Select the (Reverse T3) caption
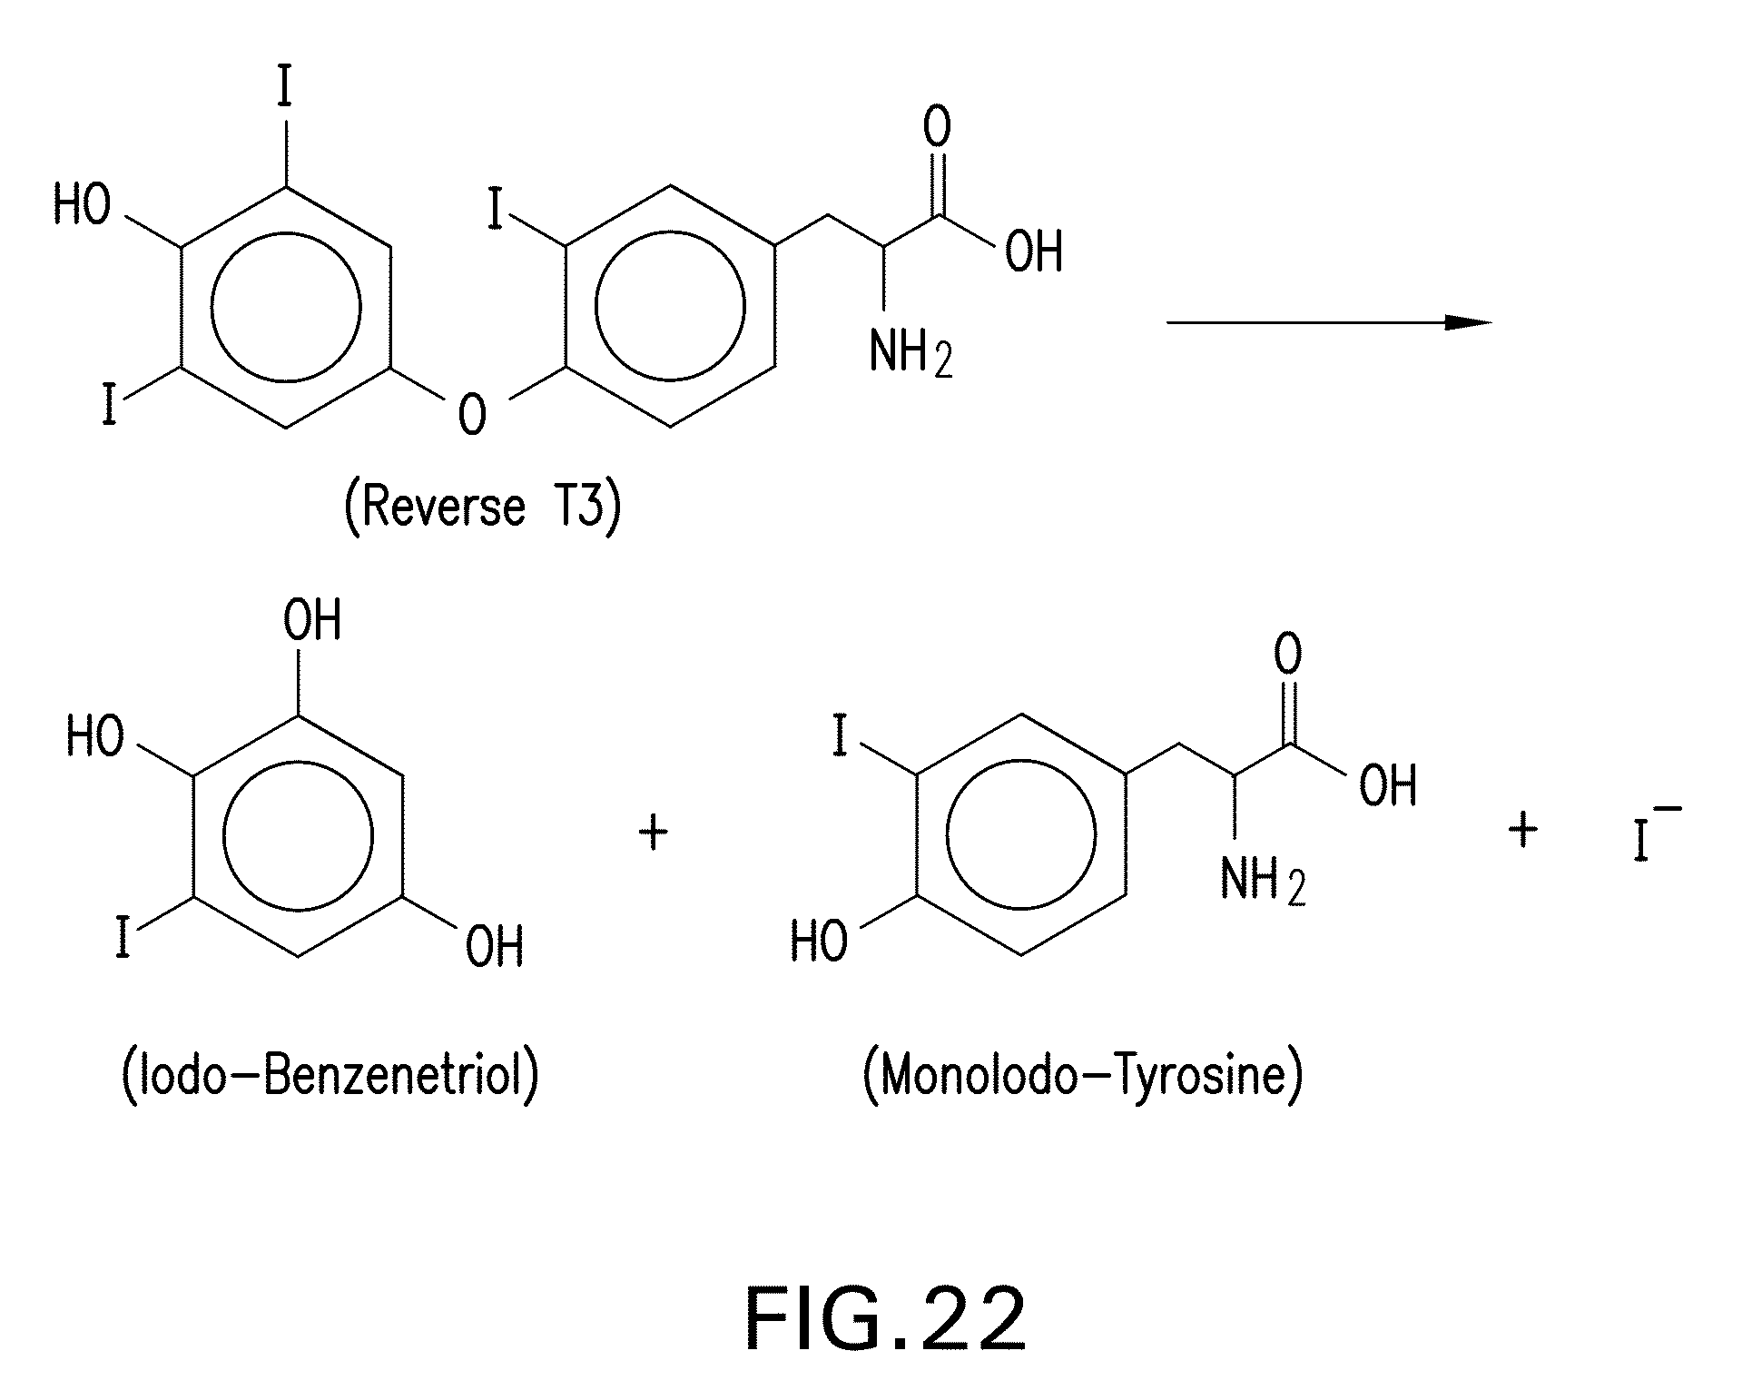pyautogui.click(x=482, y=506)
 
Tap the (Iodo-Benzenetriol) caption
pyautogui.click(x=330, y=1076)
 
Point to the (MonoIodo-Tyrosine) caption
pyautogui.click(x=1082, y=1076)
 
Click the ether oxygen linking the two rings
pyautogui.click(x=472, y=414)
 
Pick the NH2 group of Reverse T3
pyautogui.click(x=911, y=352)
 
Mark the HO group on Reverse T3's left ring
pyautogui.click(x=82, y=203)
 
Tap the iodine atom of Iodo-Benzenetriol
pyautogui.click(x=123, y=938)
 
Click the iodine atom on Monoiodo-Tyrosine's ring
pyautogui.click(x=840, y=738)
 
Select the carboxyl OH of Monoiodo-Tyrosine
pyautogui.click(x=1387, y=786)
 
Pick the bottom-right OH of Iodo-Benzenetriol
pyautogui.click(x=494, y=947)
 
